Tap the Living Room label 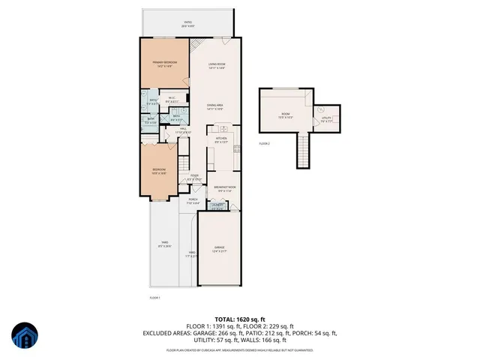[217, 65]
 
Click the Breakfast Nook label [225, 187]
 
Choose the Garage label [219, 247]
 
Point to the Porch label [193, 200]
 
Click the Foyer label [194, 178]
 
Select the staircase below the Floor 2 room [303, 151]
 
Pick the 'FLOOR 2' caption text [264, 143]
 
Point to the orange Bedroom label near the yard [158, 171]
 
